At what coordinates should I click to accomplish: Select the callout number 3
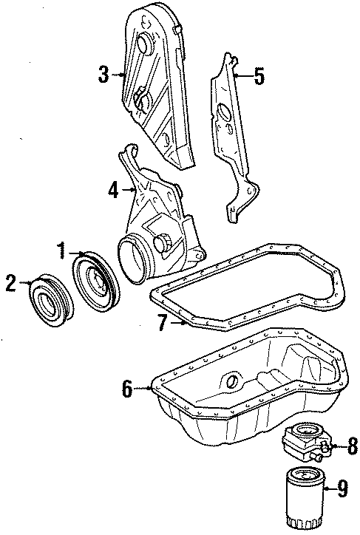(x=104, y=74)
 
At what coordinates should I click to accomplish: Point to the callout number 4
(x=113, y=190)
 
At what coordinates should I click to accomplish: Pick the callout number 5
(x=258, y=77)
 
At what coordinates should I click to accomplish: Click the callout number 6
(x=127, y=387)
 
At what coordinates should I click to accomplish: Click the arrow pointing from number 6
(x=143, y=387)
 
